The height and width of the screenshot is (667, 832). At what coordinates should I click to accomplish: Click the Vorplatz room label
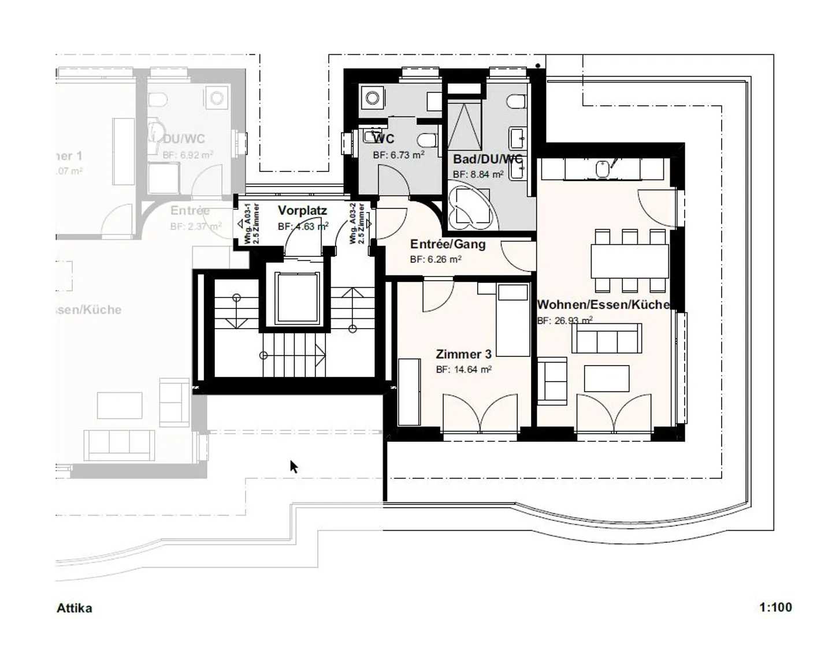click(x=302, y=211)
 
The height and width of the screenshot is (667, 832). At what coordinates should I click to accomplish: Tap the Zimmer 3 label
click(x=459, y=354)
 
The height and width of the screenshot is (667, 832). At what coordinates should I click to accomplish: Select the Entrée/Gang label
click(x=447, y=244)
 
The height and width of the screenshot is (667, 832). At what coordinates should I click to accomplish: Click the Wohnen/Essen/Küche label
click(x=603, y=304)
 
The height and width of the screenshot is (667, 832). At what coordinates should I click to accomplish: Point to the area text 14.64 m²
click(x=463, y=370)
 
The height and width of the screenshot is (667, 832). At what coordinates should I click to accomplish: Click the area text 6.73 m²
click(x=399, y=155)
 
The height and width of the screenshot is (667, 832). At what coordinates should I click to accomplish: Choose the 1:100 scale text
click(x=775, y=607)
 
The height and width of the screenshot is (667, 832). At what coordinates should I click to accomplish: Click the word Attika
click(x=74, y=608)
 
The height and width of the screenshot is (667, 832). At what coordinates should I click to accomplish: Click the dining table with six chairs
click(x=629, y=261)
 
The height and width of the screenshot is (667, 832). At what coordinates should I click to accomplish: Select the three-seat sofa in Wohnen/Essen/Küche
click(x=606, y=338)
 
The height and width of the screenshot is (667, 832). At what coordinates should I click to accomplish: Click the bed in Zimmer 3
click(x=513, y=321)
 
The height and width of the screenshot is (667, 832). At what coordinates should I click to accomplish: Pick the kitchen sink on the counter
click(x=603, y=168)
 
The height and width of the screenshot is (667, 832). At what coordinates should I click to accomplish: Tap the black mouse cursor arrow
click(x=294, y=466)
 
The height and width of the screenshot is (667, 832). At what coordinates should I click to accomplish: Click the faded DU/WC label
click(x=184, y=139)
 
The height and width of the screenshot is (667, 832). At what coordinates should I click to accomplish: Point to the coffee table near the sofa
click(x=606, y=378)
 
